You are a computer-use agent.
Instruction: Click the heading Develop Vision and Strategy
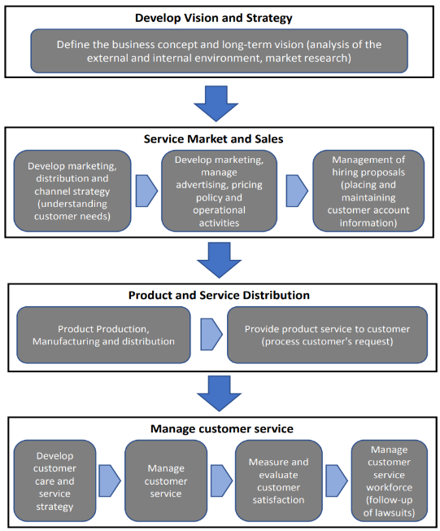click(x=213, y=18)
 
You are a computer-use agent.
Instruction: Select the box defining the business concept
click(x=219, y=50)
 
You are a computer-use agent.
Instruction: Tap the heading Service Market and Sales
click(x=213, y=138)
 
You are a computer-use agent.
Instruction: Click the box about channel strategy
click(x=72, y=191)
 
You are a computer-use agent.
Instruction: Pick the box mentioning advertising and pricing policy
click(x=219, y=191)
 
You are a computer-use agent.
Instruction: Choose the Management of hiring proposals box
click(x=368, y=191)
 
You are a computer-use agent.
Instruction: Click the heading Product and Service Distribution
click(x=219, y=295)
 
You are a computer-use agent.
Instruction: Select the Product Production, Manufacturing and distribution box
click(x=103, y=335)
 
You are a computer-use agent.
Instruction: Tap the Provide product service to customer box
click(x=328, y=335)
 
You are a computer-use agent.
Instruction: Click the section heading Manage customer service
click(x=222, y=428)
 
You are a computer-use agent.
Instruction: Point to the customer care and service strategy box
click(x=54, y=481)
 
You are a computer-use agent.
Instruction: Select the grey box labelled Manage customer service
click(x=166, y=481)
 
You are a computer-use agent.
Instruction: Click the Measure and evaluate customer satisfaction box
click(x=279, y=481)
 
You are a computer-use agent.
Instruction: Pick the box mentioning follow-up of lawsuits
click(x=390, y=481)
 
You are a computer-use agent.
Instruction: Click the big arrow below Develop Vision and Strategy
click(x=216, y=103)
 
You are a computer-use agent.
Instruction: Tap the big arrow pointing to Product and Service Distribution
click(x=219, y=260)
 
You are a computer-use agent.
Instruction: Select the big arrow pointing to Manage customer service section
click(x=219, y=393)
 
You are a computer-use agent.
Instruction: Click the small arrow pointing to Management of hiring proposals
click(x=297, y=191)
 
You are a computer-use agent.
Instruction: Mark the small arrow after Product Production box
click(x=211, y=334)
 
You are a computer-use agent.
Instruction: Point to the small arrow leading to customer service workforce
click(x=337, y=481)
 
